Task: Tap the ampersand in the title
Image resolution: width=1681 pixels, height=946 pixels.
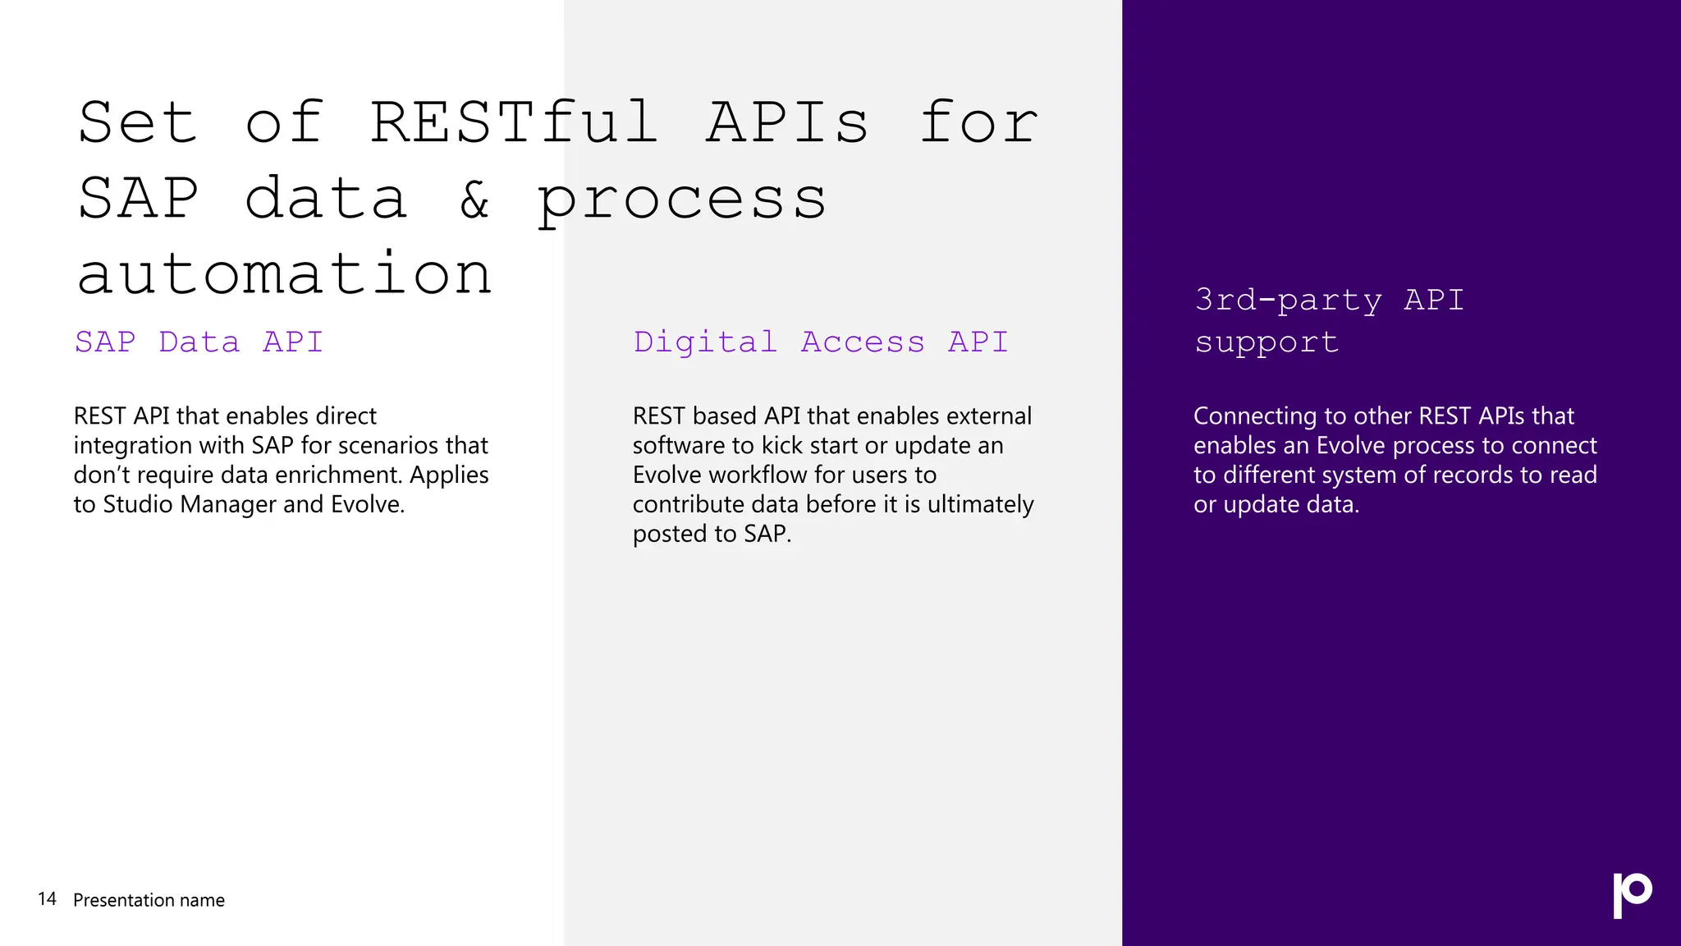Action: click(x=474, y=200)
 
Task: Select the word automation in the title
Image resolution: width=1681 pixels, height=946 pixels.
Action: click(x=285, y=274)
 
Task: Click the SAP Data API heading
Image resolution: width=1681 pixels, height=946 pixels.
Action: click(x=199, y=342)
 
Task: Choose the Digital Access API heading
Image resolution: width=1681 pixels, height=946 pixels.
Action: click(x=820, y=342)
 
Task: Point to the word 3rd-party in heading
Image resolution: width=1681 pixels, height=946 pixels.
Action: click(x=1288, y=300)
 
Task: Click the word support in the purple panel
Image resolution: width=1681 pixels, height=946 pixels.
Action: click(x=1266, y=342)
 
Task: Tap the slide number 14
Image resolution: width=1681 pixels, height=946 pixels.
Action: click(x=47, y=899)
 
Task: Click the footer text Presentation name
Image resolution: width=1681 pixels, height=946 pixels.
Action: click(x=149, y=900)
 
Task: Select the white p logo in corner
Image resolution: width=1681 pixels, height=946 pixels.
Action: click(x=1632, y=895)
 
